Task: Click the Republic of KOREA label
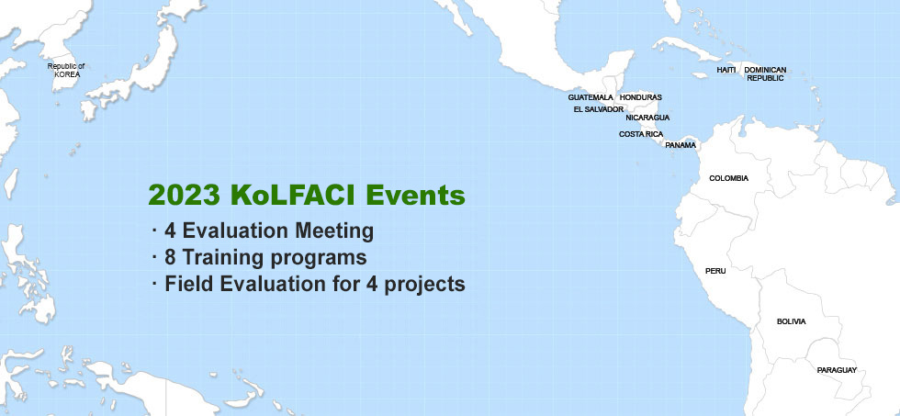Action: pos(66,70)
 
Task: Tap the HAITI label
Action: pos(726,70)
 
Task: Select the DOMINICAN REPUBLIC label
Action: pos(765,74)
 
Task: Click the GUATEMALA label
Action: pos(591,97)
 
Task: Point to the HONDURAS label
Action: pos(641,97)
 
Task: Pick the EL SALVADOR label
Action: pos(599,109)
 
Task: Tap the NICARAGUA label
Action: pos(647,118)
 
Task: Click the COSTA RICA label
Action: pos(641,134)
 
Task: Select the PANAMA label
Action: pos(681,145)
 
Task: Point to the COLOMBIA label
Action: pos(729,178)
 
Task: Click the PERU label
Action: pos(715,271)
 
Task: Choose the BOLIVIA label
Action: pos(792,322)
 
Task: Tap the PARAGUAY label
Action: pos(837,371)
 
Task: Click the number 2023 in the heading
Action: pos(185,196)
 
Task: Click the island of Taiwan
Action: pos(11,184)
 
